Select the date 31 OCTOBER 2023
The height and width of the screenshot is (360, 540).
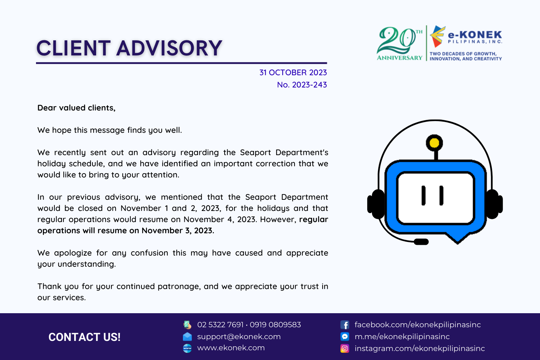coord(293,73)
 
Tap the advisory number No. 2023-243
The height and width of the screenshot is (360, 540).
coord(302,85)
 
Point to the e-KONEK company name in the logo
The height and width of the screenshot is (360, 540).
coord(475,35)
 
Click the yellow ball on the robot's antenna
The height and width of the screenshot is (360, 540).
coord(434,143)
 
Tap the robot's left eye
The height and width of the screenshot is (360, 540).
coord(423,195)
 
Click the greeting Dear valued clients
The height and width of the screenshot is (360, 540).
coord(76,108)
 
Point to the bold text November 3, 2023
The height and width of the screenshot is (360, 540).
coord(178,230)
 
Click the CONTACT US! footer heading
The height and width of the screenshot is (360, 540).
coord(84,337)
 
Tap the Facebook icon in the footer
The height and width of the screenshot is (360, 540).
coord(345,325)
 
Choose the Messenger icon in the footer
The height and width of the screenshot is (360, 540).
coord(345,337)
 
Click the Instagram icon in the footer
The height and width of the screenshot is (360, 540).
coord(345,348)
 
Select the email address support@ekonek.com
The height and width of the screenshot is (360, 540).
coord(239,337)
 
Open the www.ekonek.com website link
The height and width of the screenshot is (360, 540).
coord(231,348)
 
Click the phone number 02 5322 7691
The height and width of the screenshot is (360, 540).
coord(220,325)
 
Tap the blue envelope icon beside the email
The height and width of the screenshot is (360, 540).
coord(187,337)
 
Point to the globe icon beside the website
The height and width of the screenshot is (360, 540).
coord(187,348)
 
